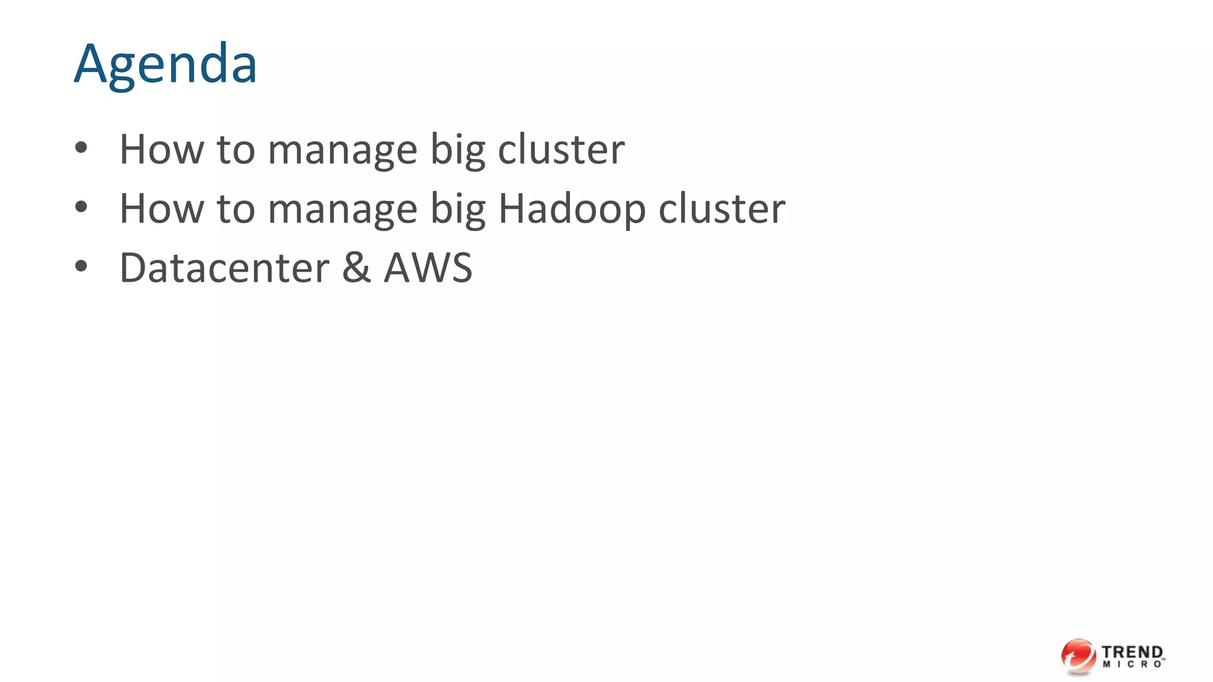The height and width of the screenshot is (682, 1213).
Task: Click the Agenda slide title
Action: pos(165,64)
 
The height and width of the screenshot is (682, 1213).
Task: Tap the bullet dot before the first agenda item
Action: pos(81,148)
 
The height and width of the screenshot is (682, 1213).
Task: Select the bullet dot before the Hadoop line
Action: pos(81,207)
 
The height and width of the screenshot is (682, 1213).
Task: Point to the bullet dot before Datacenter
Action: pos(81,266)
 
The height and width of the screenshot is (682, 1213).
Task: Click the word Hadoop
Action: pos(572,209)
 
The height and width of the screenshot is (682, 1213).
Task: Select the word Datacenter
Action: pos(224,268)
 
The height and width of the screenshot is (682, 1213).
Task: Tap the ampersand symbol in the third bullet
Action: pos(356,268)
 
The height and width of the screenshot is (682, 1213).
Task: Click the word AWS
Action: pos(428,268)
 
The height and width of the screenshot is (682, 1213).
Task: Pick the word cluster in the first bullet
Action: pos(561,149)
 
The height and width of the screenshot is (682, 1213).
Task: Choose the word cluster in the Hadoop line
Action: pos(721,209)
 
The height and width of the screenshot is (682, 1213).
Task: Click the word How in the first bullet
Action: pos(162,149)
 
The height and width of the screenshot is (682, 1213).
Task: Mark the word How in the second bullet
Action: pos(162,209)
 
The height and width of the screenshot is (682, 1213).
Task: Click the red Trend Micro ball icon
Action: pos(1078,656)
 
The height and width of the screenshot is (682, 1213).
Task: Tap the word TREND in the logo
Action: pos(1132,652)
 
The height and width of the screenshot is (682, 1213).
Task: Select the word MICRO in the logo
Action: pos(1132,665)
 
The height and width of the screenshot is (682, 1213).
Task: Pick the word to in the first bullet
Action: pos(236,150)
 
